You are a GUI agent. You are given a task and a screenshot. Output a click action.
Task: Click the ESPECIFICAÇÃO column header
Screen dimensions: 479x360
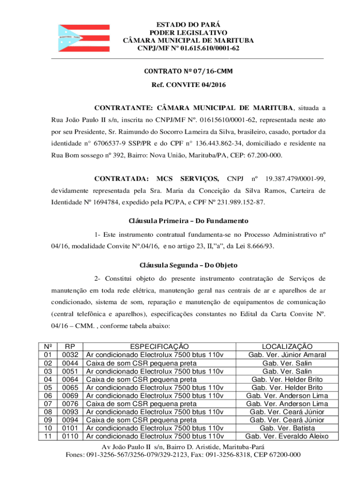[159, 347]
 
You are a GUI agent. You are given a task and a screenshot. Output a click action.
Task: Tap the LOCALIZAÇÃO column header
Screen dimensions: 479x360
[287, 347]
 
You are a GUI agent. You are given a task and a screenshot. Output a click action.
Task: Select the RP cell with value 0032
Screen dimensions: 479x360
[71, 355]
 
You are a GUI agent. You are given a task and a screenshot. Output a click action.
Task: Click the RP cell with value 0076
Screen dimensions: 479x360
[71, 404]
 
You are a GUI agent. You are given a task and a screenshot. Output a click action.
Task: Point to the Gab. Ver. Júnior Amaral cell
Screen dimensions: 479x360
[287, 355]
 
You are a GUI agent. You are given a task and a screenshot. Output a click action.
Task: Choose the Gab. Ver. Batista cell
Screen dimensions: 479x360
[287, 428]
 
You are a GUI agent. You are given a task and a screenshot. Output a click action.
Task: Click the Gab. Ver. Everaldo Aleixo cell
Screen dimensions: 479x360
[287, 436]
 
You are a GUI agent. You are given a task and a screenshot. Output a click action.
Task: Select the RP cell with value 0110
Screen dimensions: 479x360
[71, 436]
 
